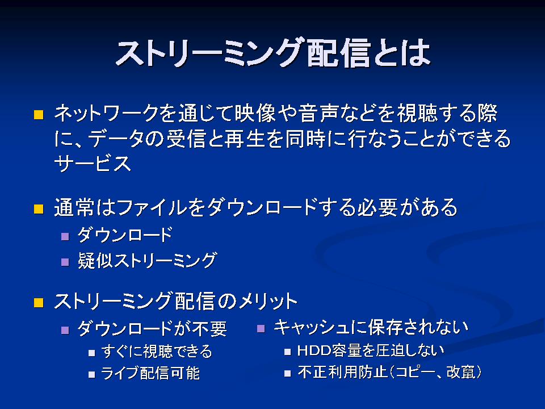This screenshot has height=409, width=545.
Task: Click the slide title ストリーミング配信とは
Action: click(273, 53)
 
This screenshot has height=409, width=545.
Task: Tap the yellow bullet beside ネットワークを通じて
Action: click(39, 115)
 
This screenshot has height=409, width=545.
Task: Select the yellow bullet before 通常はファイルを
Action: click(39, 208)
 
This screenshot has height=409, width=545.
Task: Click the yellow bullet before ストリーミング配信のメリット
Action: click(39, 303)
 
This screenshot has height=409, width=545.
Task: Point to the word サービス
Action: click(93, 163)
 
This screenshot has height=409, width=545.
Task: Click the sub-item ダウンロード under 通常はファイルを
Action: click(125, 235)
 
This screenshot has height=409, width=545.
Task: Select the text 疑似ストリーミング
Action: click(148, 261)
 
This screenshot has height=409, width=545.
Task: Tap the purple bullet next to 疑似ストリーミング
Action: click(65, 262)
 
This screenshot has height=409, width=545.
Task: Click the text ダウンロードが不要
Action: click(152, 328)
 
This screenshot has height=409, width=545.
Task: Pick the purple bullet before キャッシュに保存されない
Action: click(261, 328)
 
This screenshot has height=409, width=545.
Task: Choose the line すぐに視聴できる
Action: click(157, 351)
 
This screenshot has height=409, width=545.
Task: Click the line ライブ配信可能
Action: click(150, 373)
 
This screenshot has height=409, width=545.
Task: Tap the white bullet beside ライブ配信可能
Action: click(91, 374)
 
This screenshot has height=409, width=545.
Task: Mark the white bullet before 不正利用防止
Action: click(287, 374)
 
